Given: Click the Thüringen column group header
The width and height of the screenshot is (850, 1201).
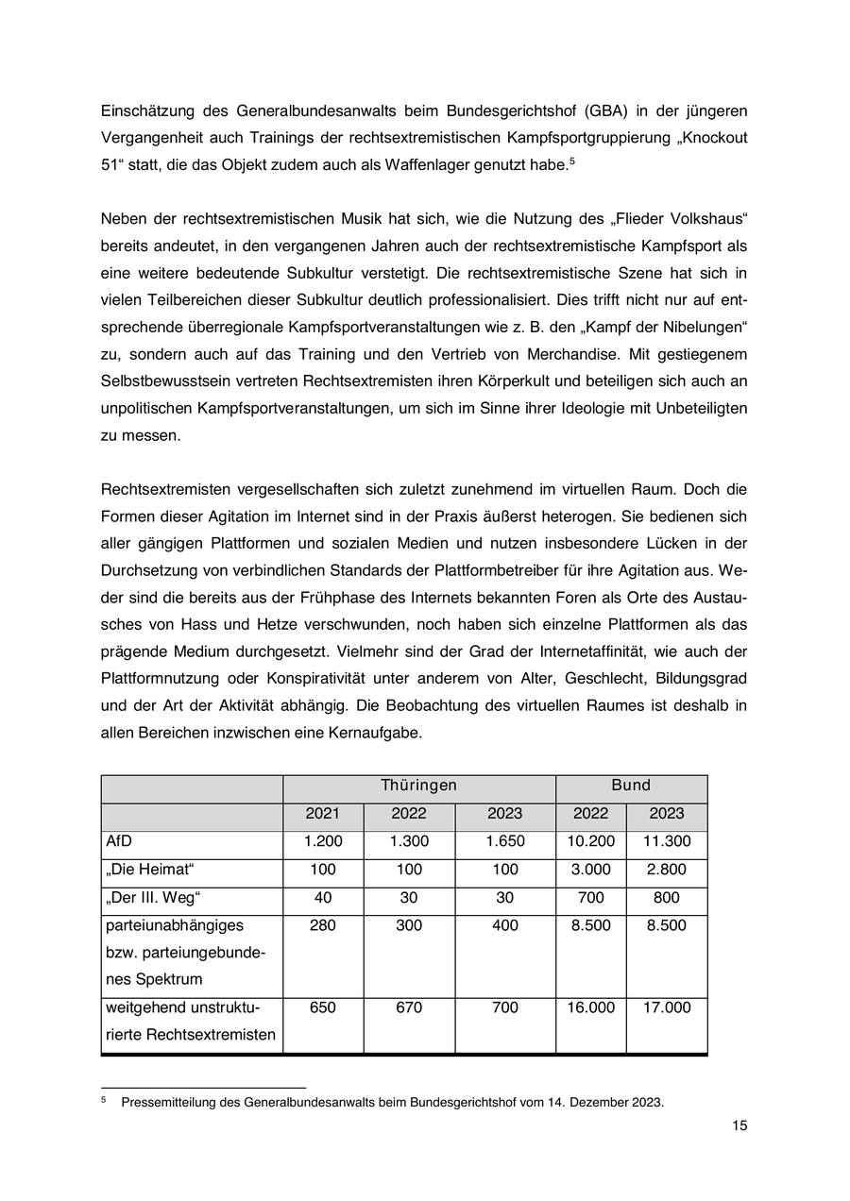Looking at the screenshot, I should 418,786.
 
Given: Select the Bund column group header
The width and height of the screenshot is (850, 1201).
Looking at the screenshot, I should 631,786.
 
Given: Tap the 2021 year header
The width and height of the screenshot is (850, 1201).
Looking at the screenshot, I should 322,814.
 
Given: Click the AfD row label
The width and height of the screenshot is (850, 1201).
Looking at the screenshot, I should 118,841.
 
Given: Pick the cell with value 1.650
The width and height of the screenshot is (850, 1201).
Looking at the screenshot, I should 505,841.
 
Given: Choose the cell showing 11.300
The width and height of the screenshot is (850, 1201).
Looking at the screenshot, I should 666,841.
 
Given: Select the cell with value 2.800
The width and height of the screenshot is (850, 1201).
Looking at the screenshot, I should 666,870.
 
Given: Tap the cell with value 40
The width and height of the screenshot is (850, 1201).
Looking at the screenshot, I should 322,897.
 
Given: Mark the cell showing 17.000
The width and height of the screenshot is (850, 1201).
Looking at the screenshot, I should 666,1007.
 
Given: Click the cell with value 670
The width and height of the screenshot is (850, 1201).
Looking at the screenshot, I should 409,1007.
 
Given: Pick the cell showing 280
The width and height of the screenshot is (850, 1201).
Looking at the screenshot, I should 322,925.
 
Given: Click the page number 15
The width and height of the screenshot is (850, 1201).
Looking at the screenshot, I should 739,1125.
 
